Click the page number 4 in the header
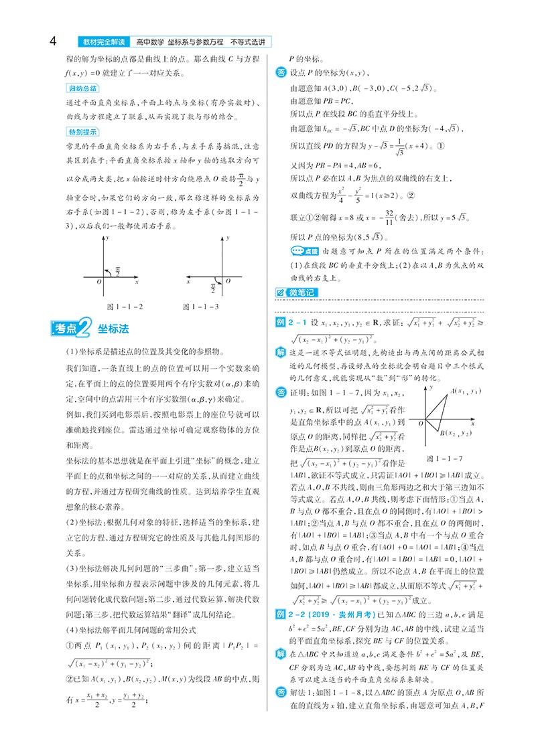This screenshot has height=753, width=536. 52,41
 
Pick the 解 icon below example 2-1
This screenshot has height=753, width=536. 281,352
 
